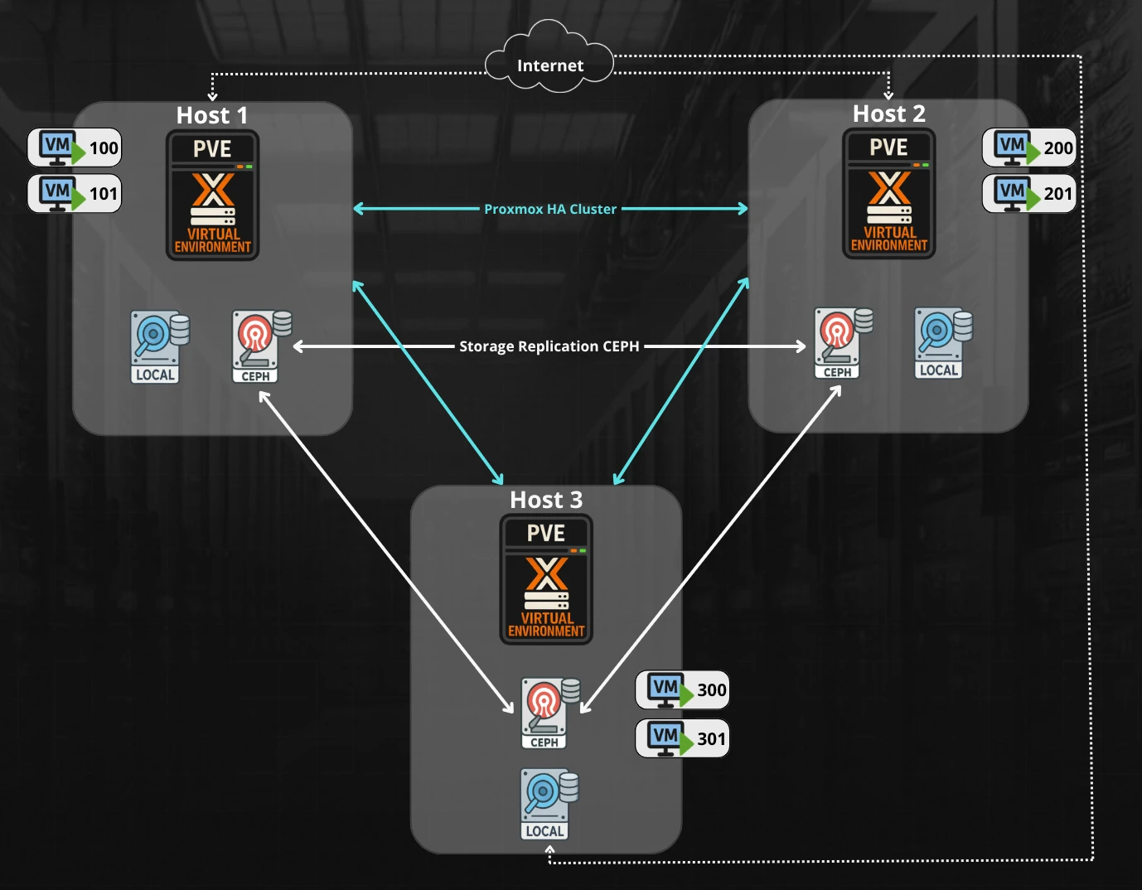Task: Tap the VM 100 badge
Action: coord(75,148)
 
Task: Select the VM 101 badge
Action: coord(75,193)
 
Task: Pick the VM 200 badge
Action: coord(1028,148)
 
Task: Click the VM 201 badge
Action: coord(1028,193)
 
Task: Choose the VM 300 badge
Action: coord(682,689)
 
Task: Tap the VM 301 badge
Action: coord(682,738)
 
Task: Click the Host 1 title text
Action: coord(212,115)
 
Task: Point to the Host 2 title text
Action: coord(888,114)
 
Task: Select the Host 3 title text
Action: coord(546,500)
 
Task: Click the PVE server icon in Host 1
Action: coord(213,196)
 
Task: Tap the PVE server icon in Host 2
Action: coord(889,194)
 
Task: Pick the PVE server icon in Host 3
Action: coord(546,579)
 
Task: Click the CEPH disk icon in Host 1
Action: coord(259,346)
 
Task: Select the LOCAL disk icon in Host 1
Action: coord(158,346)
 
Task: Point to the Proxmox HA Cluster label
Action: coord(550,209)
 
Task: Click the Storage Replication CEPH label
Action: coord(549,346)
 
